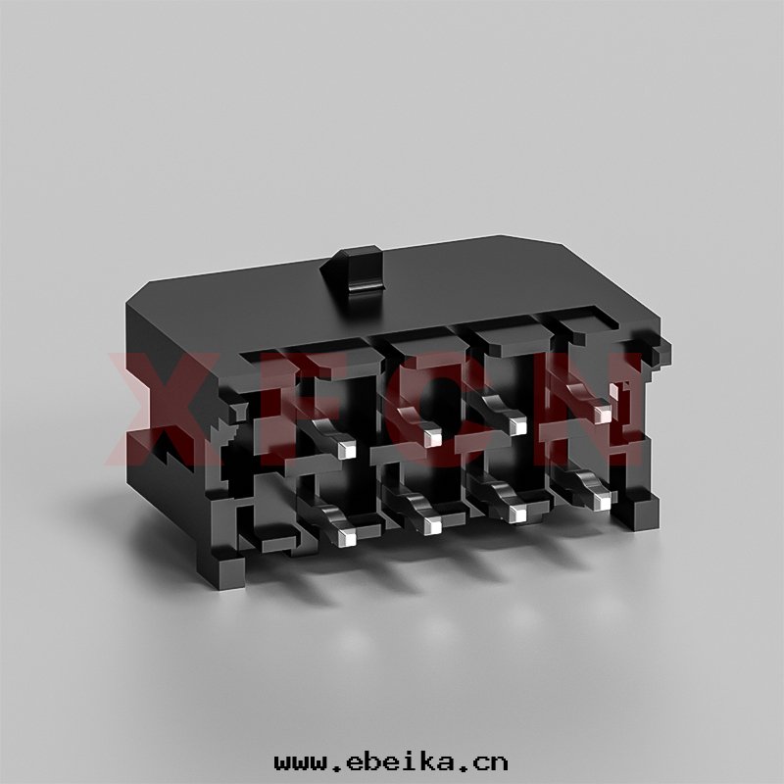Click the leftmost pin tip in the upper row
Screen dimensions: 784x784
[347, 450]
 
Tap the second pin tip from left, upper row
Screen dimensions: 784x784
[432, 438]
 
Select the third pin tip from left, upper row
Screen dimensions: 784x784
[517, 425]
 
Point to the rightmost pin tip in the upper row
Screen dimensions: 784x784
[602, 413]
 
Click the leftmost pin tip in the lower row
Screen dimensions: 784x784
[347, 537]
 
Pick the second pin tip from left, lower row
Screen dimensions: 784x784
[432, 525]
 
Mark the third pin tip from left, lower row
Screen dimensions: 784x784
[517, 514]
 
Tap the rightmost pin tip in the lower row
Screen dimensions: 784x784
[603, 502]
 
